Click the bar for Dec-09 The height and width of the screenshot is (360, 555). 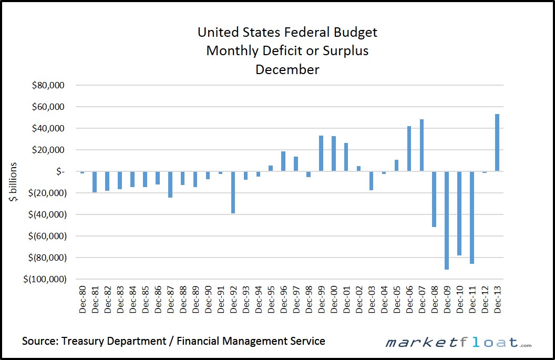click(x=447, y=220)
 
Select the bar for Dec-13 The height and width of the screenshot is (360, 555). click(x=497, y=142)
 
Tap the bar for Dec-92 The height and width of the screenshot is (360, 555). click(x=233, y=192)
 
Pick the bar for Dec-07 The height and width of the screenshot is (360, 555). click(x=422, y=146)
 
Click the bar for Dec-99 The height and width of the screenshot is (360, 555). click(x=321, y=153)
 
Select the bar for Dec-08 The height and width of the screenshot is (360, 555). click(x=434, y=199)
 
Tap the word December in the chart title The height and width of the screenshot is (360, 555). click(x=287, y=69)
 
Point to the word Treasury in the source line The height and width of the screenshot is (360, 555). click(x=84, y=341)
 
